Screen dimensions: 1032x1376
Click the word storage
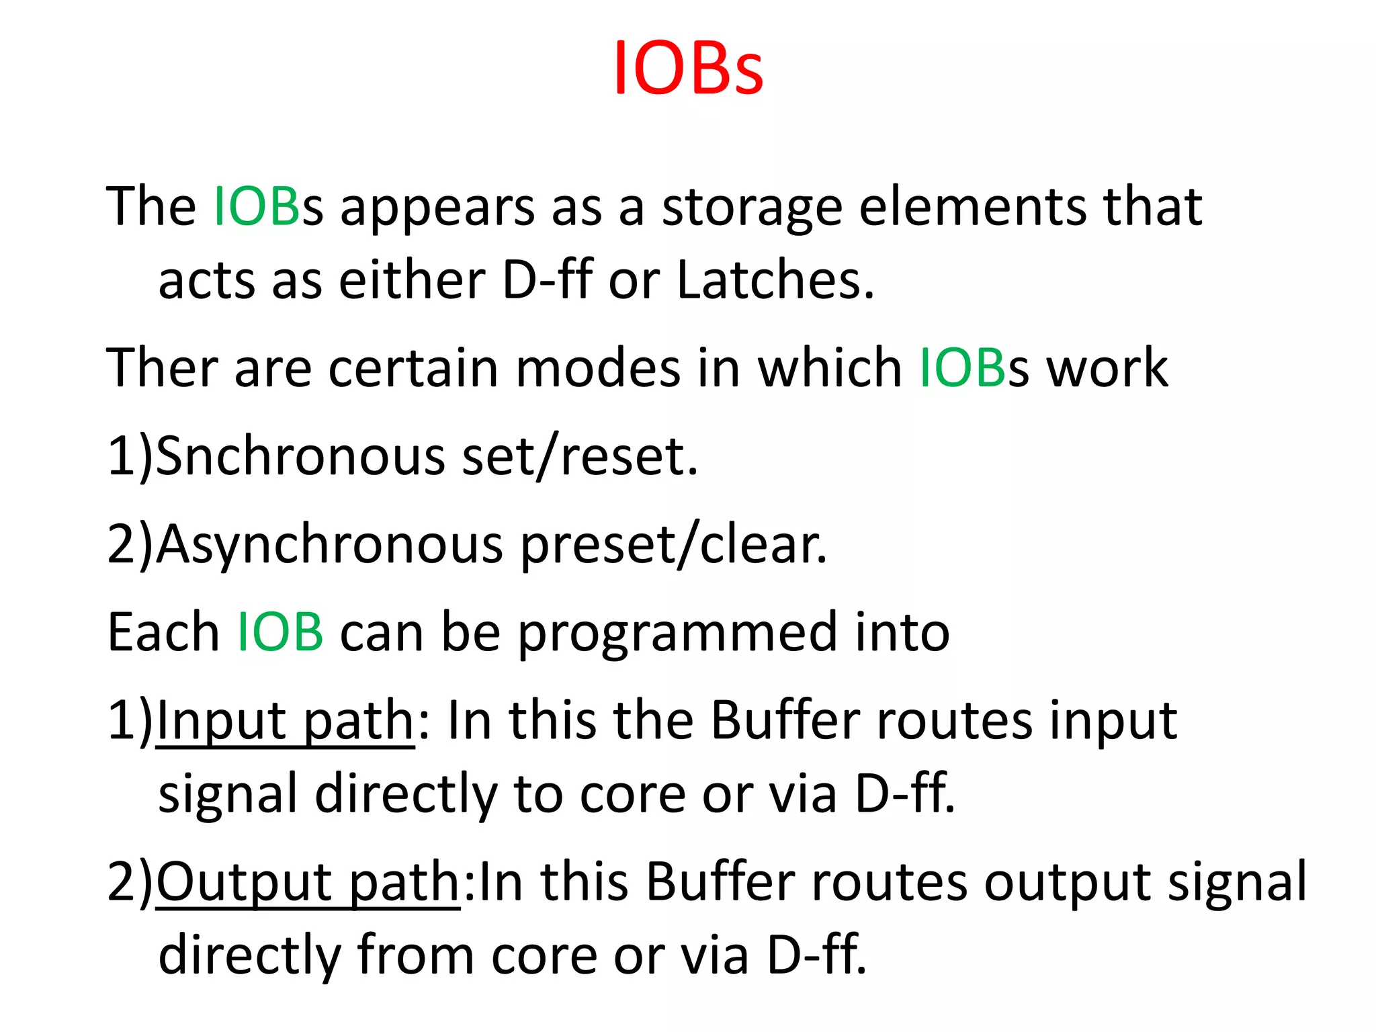[x=751, y=208]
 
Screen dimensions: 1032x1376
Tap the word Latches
[x=775, y=280]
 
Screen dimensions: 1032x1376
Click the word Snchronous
[x=300, y=457]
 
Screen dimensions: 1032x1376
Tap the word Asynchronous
[x=330, y=545]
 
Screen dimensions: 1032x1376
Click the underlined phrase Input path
[x=286, y=721]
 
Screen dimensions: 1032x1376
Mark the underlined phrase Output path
[x=308, y=881]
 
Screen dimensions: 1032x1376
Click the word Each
[x=163, y=634]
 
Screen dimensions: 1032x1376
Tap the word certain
[x=413, y=368]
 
